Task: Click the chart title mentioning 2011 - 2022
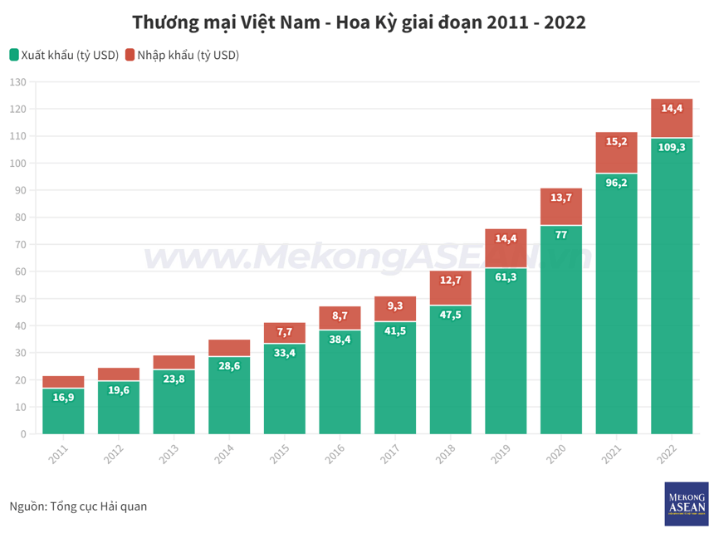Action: pyautogui.click(x=359, y=22)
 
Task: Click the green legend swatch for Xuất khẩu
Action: pyautogui.click(x=14, y=56)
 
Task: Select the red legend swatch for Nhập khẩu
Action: pyautogui.click(x=130, y=56)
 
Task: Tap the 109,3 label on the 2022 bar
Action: pyautogui.click(x=672, y=147)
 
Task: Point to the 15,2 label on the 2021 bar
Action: pyautogui.click(x=616, y=142)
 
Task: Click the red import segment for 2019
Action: pyautogui.click(x=506, y=248)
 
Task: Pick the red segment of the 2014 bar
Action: pyautogui.click(x=229, y=348)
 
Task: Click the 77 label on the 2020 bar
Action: pyautogui.click(x=561, y=235)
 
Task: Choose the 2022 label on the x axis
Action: pyautogui.click(x=665, y=453)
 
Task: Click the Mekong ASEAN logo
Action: pyautogui.click(x=686, y=504)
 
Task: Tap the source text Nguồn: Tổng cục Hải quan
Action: pyautogui.click(x=78, y=506)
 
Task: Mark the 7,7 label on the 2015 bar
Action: pyautogui.click(x=285, y=332)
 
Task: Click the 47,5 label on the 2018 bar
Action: pyautogui.click(x=450, y=315)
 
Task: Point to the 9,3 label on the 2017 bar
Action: pyautogui.click(x=395, y=306)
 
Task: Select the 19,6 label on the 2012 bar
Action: pyautogui.click(x=119, y=390)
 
